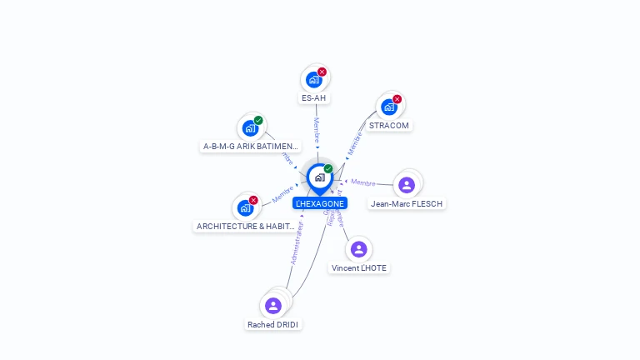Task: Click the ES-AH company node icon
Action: [x=313, y=80]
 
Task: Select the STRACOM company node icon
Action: [x=388, y=107]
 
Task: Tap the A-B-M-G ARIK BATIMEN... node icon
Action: [x=249, y=128]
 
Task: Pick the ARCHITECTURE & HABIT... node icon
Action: [x=245, y=207]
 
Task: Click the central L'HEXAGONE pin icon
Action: [x=319, y=177]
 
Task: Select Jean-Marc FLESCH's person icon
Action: [x=407, y=185]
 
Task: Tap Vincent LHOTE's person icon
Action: [x=358, y=249]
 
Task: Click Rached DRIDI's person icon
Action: [x=273, y=306]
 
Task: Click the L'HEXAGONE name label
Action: [x=320, y=203]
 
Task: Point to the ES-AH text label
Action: [x=314, y=98]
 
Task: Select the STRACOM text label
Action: [x=389, y=126]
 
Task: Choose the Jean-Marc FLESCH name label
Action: [x=407, y=203]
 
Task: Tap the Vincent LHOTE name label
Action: [x=359, y=268]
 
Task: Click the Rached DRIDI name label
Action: [x=273, y=324]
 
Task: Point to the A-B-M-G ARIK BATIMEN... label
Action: [x=250, y=147]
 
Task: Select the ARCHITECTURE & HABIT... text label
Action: [x=245, y=226]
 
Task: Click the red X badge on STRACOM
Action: [x=397, y=99]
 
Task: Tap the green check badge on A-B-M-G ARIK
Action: [x=258, y=120]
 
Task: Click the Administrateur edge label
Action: [x=297, y=242]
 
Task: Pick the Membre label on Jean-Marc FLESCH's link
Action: [x=363, y=182]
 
